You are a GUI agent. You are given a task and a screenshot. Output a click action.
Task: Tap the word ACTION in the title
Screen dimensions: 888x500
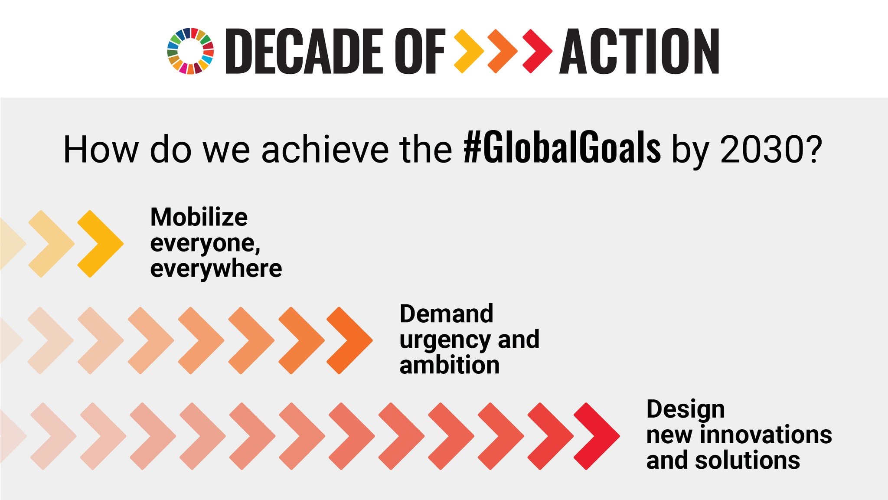[x=640, y=51]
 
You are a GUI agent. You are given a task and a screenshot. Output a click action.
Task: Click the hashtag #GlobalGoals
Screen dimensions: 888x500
[x=562, y=149]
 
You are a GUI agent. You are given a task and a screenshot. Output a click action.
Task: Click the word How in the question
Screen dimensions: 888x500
[x=101, y=150]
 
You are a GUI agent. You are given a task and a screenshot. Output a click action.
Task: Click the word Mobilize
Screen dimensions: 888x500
[x=199, y=217]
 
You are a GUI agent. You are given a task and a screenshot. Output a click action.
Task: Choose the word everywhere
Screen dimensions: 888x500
[x=216, y=269]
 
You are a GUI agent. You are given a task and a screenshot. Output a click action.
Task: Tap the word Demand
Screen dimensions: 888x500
[x=446, y=314]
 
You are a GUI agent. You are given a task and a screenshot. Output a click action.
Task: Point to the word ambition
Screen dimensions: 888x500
[x=449, y=365]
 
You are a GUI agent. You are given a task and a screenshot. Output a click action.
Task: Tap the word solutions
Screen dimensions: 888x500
[x=747, y=460]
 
